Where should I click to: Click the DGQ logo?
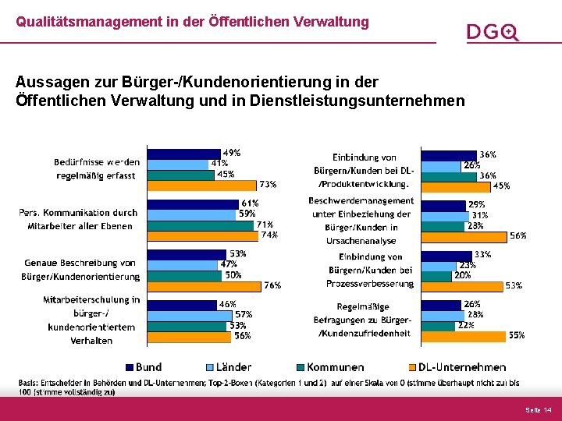pyautogui.click(x=493, y=32)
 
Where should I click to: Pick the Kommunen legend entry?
pyautogui.click(x=329, y=367)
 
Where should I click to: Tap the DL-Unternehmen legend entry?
pyautogui.click(x=457, y=367)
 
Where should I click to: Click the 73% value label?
pyautogui.click(x=269, y=185)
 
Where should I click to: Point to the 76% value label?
pyautogui.click(x=272, y=285)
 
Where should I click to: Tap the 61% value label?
pyautogui.click(x=250, y=203)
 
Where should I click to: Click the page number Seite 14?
pyautogui.click(x=538, y=410)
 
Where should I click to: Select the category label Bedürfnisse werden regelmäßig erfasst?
pyautogui.click(x=97, y=168)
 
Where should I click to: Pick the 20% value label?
pyautogui.click(x=462, y=275)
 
